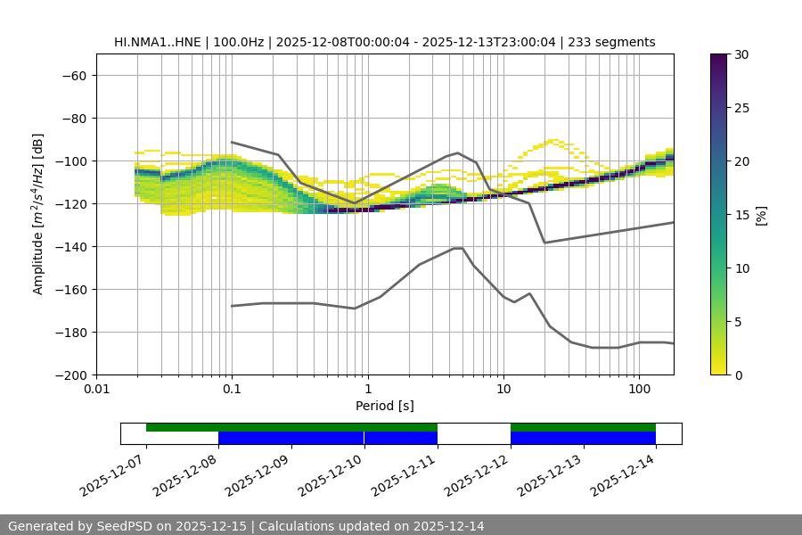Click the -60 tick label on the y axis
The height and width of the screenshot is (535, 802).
(x=72, y=76)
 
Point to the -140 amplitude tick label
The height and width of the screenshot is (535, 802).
(x=69, y=247)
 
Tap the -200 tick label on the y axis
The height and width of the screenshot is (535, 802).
(x=69, y=375)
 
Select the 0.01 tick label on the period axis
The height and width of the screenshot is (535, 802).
(x=96, y=390)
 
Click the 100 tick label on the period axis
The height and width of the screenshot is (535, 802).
(x=639, y=390)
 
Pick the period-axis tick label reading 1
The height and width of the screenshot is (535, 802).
(x=368, y=390)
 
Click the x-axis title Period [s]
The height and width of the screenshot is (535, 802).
(x=385, y=406)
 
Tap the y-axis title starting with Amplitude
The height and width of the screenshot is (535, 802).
(x=38, y=215)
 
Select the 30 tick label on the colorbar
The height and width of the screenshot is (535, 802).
(x=741, y=54)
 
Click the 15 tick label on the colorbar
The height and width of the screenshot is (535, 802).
(x=741, y=215)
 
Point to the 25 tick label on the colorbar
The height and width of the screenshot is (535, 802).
(x=741, y=108)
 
